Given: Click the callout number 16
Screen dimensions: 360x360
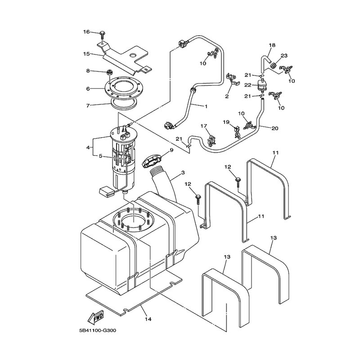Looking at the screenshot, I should click(x=86, y=31).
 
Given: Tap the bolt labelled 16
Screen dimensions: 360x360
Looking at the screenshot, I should click(x=103, y=33).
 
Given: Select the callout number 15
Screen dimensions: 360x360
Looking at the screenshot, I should click(x=86, y=54).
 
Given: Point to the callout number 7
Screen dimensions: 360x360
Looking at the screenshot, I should click(x=89, y=106).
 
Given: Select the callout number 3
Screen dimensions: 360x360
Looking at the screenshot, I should click(x=183, y=172).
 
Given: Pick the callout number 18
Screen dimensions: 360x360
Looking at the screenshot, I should click(x=272, y=45).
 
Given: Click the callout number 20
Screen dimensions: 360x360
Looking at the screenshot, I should click(x=275, y=128).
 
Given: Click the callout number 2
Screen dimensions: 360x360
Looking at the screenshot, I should click(x=227, y=96).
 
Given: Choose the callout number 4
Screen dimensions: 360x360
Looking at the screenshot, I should click(x=89, y=147).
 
